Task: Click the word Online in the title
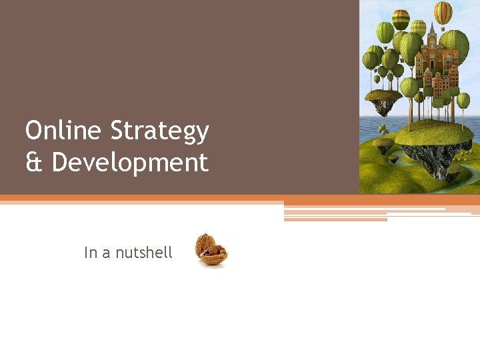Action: (x=64, y=131)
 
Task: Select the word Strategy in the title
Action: (x=159, y=132)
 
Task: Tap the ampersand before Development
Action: (x=34, y=163)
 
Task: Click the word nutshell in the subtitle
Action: (x=144, y=253)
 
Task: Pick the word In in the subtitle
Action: (x=90, y=253)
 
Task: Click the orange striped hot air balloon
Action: (x=443, y=12)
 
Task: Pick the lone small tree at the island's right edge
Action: (x=463, y=101)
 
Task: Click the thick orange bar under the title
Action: (x=240, y=199)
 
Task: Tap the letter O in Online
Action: (x=33, y=131)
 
